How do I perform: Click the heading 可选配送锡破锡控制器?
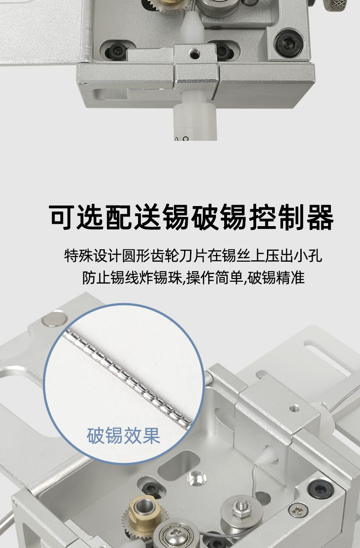coord(192,217)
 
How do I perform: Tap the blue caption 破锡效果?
coord(123,436)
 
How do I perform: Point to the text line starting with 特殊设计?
coord(193,256)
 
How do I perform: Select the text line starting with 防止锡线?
coord(193,278)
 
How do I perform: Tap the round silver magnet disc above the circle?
coord(55,319)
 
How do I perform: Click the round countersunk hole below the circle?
coord(196,477)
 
